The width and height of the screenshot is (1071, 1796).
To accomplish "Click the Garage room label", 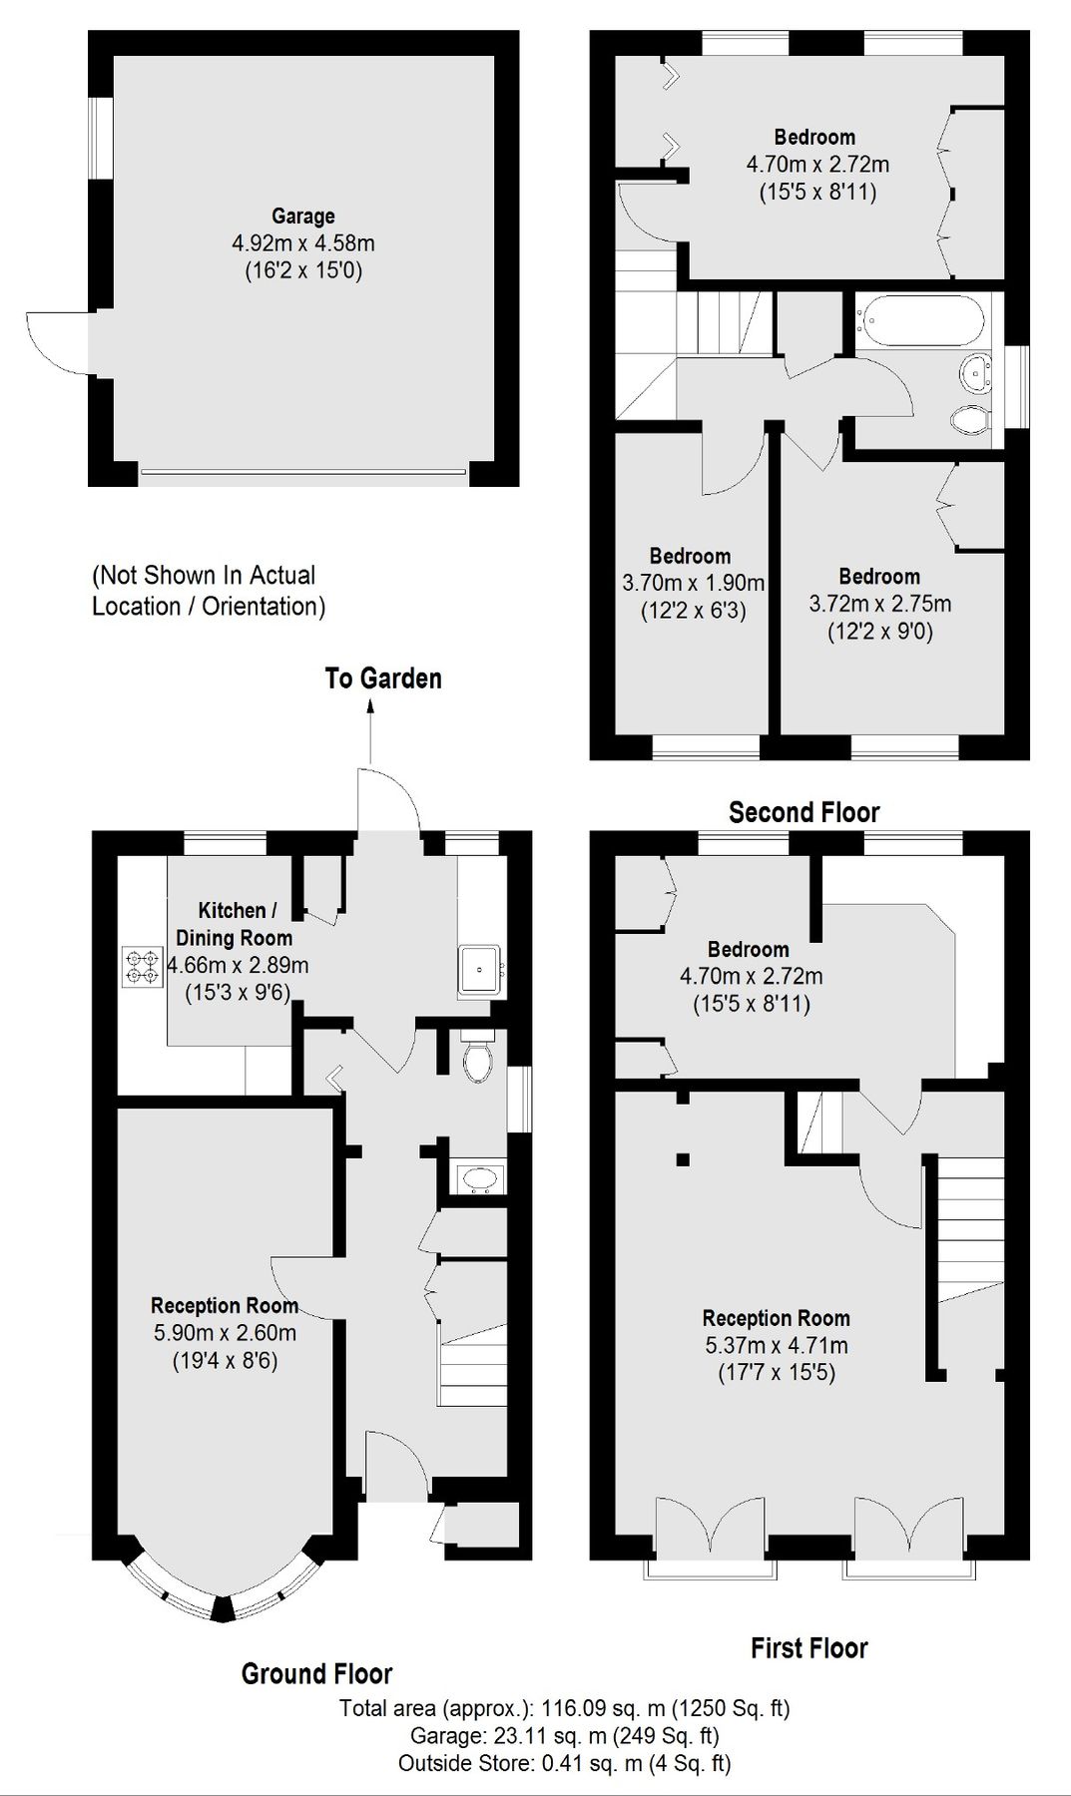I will [x=302, y=216].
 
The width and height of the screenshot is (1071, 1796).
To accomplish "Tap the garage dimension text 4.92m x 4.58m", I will [x=302, y=242].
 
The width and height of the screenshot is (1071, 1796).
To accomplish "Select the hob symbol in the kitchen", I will [x=142, y=967].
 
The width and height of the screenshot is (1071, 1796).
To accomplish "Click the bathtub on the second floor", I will [x=920, y=320].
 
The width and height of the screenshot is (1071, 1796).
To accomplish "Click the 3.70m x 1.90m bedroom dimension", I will [x=693, y=583].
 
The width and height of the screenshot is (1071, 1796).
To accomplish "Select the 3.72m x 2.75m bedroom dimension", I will [x=879, y=604].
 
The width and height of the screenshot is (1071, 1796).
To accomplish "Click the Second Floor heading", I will [x=803, y=812].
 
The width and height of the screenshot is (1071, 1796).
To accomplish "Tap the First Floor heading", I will [x=808, y=1647].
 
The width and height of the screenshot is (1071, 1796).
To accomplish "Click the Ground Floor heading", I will [x=316, y=1673].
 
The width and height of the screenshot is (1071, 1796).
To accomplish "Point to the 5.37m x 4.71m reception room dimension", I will [x=776, y=1345].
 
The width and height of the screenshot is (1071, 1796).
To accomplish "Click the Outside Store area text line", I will [x=564, y=1763].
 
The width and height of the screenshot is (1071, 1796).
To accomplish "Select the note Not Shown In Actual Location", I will [x=208, y=591].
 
